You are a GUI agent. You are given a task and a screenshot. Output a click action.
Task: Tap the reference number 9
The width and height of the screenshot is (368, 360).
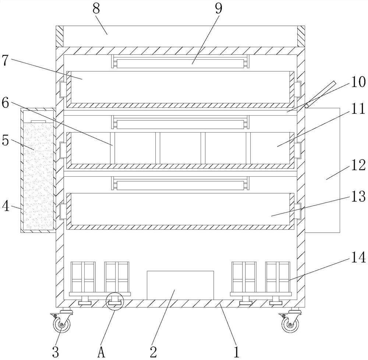(x=219, y=9)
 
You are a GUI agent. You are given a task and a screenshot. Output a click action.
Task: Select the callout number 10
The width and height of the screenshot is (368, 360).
(x=358, y=82)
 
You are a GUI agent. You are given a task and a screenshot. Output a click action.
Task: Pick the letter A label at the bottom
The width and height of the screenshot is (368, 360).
(x=102, y=352)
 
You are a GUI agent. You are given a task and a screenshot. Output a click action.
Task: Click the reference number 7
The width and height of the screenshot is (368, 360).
(x=5, y=61)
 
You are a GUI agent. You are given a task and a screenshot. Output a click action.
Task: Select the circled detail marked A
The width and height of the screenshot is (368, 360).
(x=114, y=302)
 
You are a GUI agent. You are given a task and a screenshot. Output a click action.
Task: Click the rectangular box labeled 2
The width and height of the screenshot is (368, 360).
(x=180, y=285)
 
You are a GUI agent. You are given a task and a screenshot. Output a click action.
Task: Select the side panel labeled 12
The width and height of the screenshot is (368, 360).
(x=323, y=170)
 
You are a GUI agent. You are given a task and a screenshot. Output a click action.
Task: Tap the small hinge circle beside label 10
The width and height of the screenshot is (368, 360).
(x=306, y=106)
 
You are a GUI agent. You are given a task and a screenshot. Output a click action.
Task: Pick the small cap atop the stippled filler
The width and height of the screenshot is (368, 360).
(x=38, y=121)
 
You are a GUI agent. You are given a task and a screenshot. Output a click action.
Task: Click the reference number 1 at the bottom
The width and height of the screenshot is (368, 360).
(x=236, y=352)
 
